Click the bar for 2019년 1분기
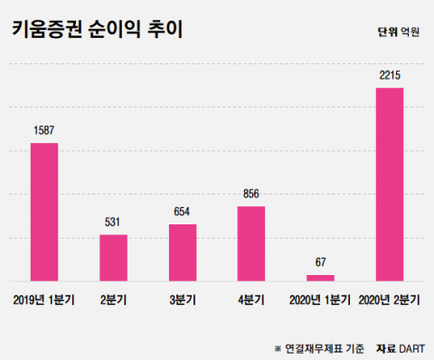pyautogui.click(x=44, y=213)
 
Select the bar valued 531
pyautogui.click(x=113, y=259)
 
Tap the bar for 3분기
pyautogui.click(x=183, y=252)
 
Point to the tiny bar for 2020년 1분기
pyautogui.click(x=320, y=278)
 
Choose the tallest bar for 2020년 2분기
pyautogui.click(x=389, y=185)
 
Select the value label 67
pyautogui.click(x=320, y=263)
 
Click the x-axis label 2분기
pyautogui.click(x=113, y=299)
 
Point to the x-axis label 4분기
pyautogui.click(x=251, y=299)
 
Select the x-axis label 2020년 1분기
pyautogui.click(x=320, y=299)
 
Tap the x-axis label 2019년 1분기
pyautogui.click(x=44, y=299)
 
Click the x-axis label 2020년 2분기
pyautogui.click(x=390, y=299)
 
